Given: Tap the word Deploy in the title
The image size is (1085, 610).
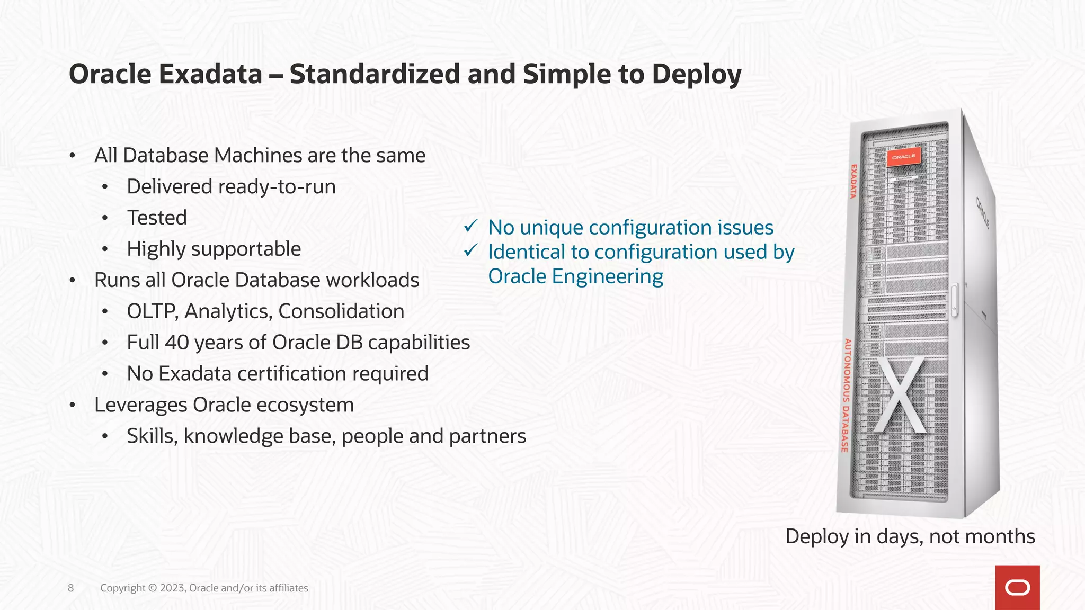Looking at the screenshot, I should (x=696, y=75).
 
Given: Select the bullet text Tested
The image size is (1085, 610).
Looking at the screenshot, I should (x=157, y=218).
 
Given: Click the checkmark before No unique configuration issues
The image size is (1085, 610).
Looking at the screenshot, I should (x=470, y=227).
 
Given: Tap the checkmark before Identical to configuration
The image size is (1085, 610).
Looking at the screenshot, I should (x=470, y=250).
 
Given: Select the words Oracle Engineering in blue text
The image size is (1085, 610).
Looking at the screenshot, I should (x=575, y=276).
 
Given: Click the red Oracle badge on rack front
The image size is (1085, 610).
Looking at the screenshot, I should (x=904, y=157).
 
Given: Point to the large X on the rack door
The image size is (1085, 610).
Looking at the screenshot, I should (x=900, y=395).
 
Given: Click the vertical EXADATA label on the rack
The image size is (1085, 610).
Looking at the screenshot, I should (x=853, y=181).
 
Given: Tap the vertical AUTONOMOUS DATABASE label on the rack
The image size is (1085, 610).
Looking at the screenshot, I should (x=846, y=395).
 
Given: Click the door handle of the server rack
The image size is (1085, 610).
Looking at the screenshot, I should (x=955, y=301).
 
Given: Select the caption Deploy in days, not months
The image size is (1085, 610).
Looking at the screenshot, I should (x=910, y=536).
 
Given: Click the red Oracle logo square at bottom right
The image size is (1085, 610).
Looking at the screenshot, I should (x=1017, y=587).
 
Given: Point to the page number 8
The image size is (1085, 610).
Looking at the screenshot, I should (x=71, y=588).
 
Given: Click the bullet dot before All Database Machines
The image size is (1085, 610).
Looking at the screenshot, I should (x=73, y=156).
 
